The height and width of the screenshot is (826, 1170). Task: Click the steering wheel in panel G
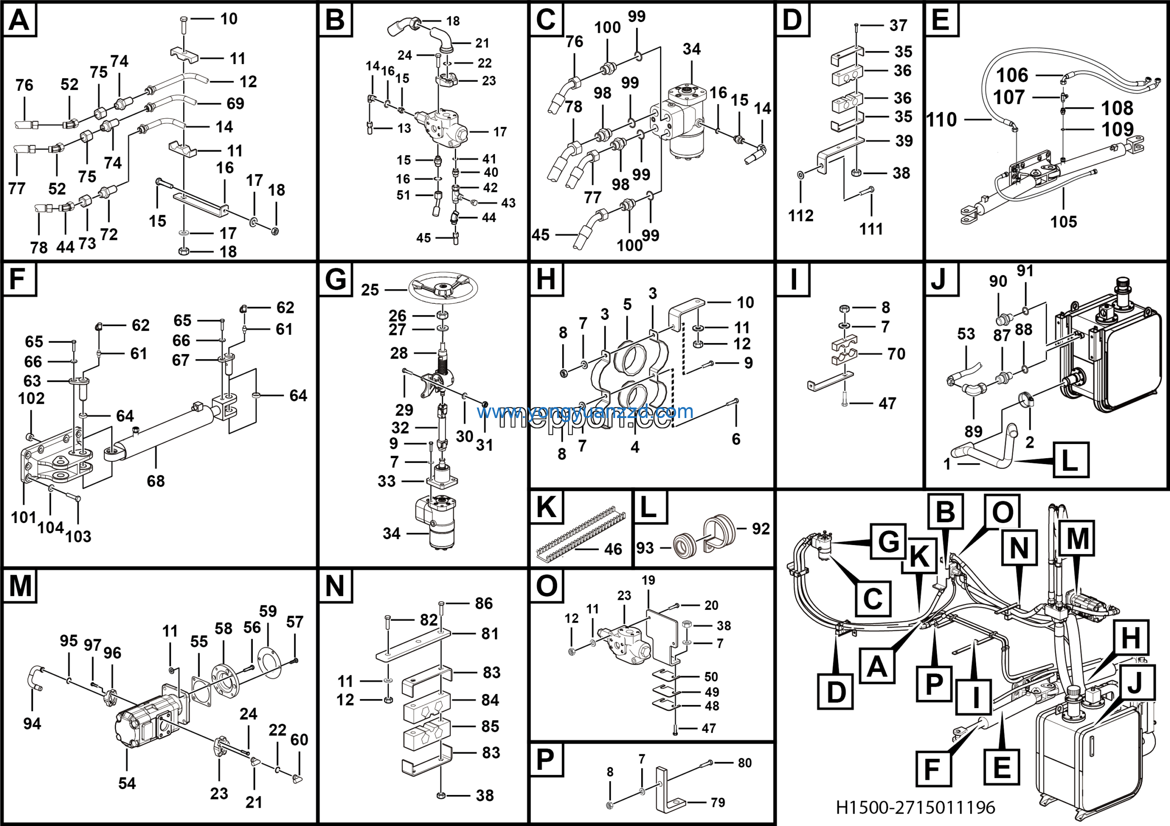click(442, 289)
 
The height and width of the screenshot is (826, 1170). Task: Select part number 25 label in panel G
click(370, 290)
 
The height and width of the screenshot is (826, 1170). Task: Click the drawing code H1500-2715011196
click(915, 807)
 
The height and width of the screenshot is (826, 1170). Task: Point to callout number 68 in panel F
click(155, 481)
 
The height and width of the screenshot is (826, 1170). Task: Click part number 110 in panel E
click(941, 120)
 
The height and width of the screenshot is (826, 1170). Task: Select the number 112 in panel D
click(801, 216)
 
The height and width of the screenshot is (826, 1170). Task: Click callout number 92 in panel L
click(761, 529)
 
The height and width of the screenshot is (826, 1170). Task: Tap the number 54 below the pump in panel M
click(127, 783)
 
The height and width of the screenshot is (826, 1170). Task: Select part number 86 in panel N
click(484, 604)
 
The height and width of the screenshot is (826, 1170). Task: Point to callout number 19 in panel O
click(648, 580)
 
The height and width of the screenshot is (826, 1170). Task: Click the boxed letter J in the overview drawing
click(1134, 683)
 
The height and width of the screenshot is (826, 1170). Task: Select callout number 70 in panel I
click(896, 354)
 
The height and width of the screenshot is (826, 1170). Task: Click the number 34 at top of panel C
click(691, 49)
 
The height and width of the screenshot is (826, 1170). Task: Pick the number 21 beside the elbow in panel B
click(482, 43)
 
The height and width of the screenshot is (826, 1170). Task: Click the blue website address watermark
click(585, 411)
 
